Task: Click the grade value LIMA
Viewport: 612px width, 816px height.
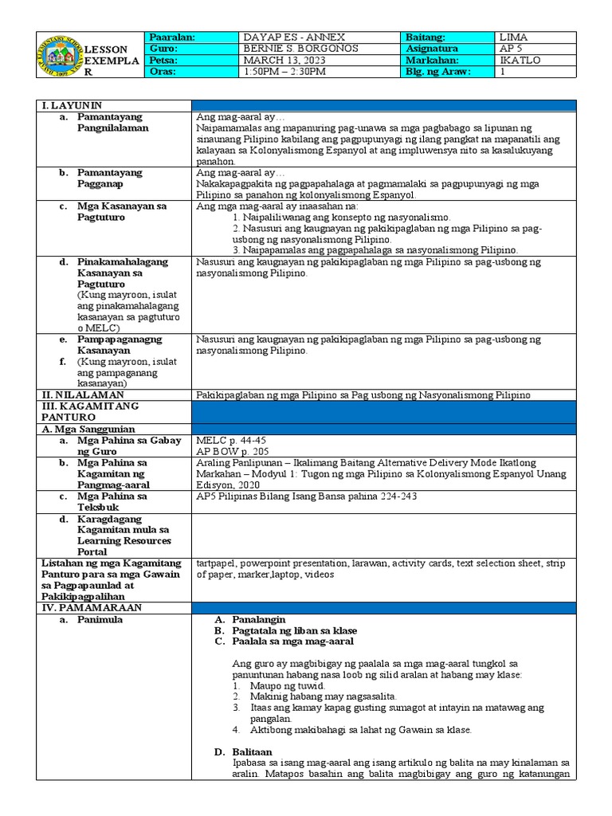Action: [512, 37]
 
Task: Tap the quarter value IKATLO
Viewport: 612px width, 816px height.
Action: [516, 61]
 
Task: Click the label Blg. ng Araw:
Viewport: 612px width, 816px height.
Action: [438, 73]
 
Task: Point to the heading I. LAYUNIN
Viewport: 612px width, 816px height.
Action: [73, 105]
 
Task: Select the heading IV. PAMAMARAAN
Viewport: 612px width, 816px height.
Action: [90, 608]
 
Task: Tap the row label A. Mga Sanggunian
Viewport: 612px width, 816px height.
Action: [88, 429]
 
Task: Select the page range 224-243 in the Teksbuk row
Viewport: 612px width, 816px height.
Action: [394, 496]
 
